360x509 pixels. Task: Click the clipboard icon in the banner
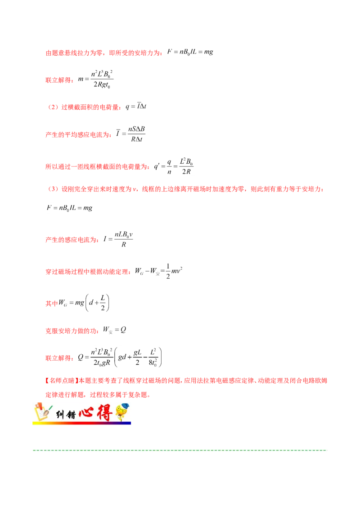pyautogui.click(x=41, y=413)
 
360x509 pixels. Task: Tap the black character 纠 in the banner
pyautogui.click(x=59, y=414)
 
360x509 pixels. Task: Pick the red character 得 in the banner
pyautogui.click(x=103, y=413)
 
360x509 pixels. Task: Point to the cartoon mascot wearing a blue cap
pyautogui.click(x=121, y=412)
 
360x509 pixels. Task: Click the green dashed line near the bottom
pyautogui.click(x=180, y=450)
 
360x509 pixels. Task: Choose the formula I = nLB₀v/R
pyautogui.click(x=119, y=239)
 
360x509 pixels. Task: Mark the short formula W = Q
pyautogui.click(x=116, y=330)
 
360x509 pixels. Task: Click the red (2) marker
pyautogui.click(x=53, y=107)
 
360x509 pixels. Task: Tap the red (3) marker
pyautogui.click(x=53, y=189)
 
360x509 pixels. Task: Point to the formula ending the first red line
pyautogui.click(x=190, y=52)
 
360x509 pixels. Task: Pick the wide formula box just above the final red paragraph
pyautogui.click(x=121, y=357)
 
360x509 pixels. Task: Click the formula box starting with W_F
pyautogui.click(x=160, y=270)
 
